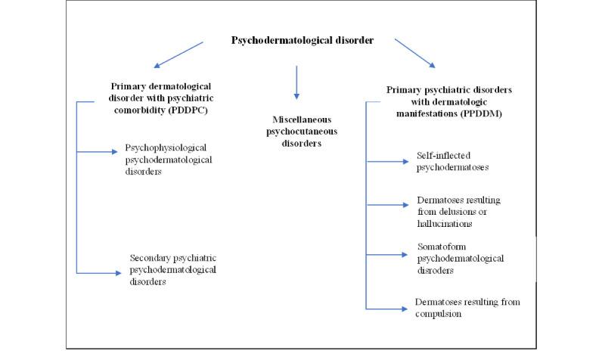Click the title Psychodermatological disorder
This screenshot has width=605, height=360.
[x=302, y=40]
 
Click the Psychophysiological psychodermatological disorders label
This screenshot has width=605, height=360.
[x=166, y=159]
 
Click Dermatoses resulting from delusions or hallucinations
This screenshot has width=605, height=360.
[x=459, y=211]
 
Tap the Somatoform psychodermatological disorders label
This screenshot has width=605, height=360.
[x=461, y=259]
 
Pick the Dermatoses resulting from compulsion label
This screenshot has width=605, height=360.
[x=467, y=308]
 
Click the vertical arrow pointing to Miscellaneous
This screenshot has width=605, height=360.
[x=296, y=82]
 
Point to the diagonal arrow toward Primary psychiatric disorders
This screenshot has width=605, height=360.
[x=416, y=53]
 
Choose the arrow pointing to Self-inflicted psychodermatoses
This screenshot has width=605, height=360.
[x=387, y=160]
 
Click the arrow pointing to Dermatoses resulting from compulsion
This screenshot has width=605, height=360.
[x=387, y=308]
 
